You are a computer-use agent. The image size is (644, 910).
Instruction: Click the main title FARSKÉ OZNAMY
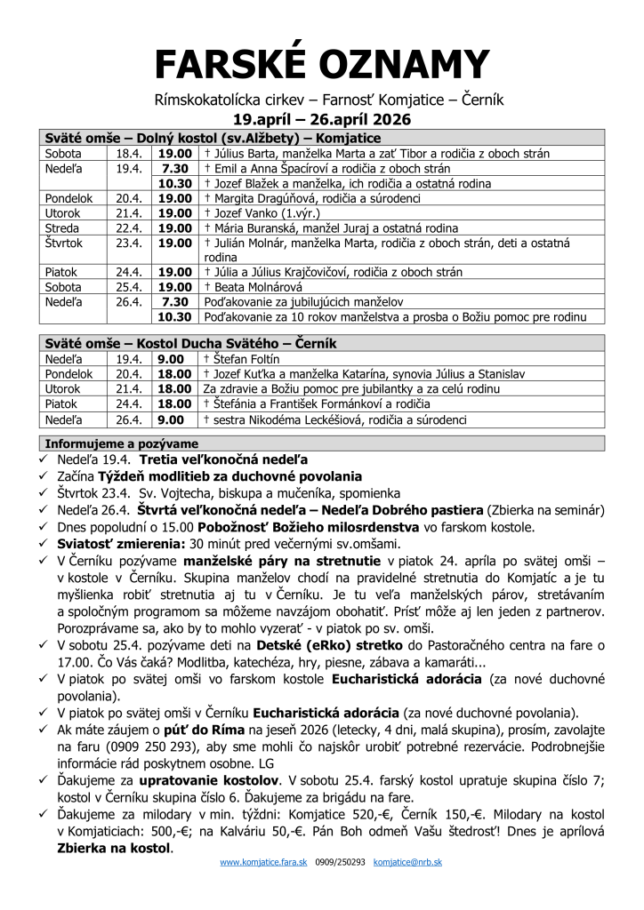pyautogui.click(x=322, y=64)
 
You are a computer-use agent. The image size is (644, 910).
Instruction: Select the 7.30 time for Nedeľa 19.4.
pyautogui.click(x=175, y=168)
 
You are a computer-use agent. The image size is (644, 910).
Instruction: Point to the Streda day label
pyautogui.click(x=62, y=228)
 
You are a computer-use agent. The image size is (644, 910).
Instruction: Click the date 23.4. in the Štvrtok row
pyautogui.click(x=130, y=243)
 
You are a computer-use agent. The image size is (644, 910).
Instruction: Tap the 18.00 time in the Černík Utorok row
pyautogui.click(x=175, y=389)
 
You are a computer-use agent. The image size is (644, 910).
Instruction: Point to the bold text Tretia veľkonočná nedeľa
pyautogui.click(x=223, y=459)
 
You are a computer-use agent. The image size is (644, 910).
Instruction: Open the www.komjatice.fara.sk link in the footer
pyautogui.click(x=265, y=862)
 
